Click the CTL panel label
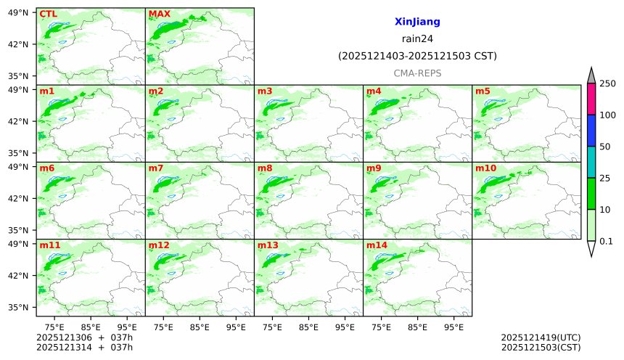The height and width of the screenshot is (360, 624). pyautogui.click(x=47, y=14)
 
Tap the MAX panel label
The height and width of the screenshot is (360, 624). pyautogui.click(x=158, y=14)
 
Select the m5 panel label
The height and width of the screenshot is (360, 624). pyautogui.click(x=483, y=91)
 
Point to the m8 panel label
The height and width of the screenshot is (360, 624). pyautogui.click(x=264, y=168)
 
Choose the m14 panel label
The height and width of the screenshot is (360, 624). pyautogui.click(x=376, y=245)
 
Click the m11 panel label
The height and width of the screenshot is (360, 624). pyautogui.click(x=49, y=245)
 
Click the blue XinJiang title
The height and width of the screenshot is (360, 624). pyautogui.click(x=417, y=22)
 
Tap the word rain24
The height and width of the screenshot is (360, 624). pyautogui.click(x=417, y=39)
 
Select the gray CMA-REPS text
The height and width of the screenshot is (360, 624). pyautogui.click(x=417, y=73)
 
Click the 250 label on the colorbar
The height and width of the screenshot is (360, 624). pyautogui.click(x=607, y=83)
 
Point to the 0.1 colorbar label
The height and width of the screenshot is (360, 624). pyautogui.click(x=606, y=241)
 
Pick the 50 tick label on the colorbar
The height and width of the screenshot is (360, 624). pyautogui.click(x=604, y=147)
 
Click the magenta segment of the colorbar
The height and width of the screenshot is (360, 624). pyautogui.click(x=591, y=99)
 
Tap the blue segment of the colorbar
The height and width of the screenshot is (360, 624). pyautogui.click(x=591, y=131)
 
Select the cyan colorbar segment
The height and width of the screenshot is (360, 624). pyautogui.click(x=591, y=162)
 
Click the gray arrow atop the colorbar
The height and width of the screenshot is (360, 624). pyautogui.click(x=591, y=75)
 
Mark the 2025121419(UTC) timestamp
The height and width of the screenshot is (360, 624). pyautogui.click(x=541, y=337)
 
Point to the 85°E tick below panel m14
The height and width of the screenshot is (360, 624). pyautogui.click(x=417, y=327)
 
